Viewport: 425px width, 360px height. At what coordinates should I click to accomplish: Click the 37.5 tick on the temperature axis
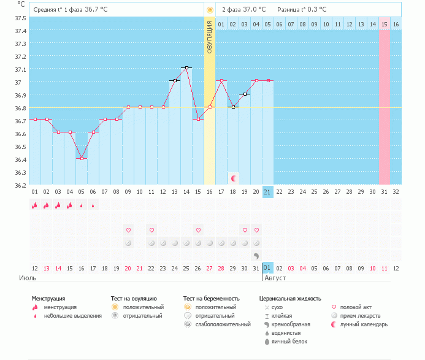[21, 18]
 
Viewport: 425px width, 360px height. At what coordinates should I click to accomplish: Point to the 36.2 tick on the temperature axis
[21, 185]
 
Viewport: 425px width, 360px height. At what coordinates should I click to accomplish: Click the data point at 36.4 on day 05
[82, 158]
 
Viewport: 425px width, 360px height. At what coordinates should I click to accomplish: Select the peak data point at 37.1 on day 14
[186, 68]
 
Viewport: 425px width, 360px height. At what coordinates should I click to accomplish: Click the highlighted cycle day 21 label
[267, 192]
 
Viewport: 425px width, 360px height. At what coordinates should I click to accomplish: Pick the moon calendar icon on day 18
[233, 178]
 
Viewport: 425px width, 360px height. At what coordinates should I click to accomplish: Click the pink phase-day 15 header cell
[384, 24]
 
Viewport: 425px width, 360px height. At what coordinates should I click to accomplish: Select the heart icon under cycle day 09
[128, 230]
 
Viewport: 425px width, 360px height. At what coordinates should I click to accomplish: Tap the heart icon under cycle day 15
[198, 230]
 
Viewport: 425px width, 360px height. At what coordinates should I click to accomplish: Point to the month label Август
[275, 278]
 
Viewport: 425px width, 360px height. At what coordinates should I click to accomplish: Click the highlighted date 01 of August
[267, 268]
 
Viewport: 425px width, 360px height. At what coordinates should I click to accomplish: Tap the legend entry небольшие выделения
[73, 315]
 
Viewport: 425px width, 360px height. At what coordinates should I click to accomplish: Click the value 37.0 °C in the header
[255, 9]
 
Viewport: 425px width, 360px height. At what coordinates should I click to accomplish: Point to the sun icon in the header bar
[210, 10]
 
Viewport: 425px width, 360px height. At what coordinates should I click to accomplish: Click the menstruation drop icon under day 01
[35, 205]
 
